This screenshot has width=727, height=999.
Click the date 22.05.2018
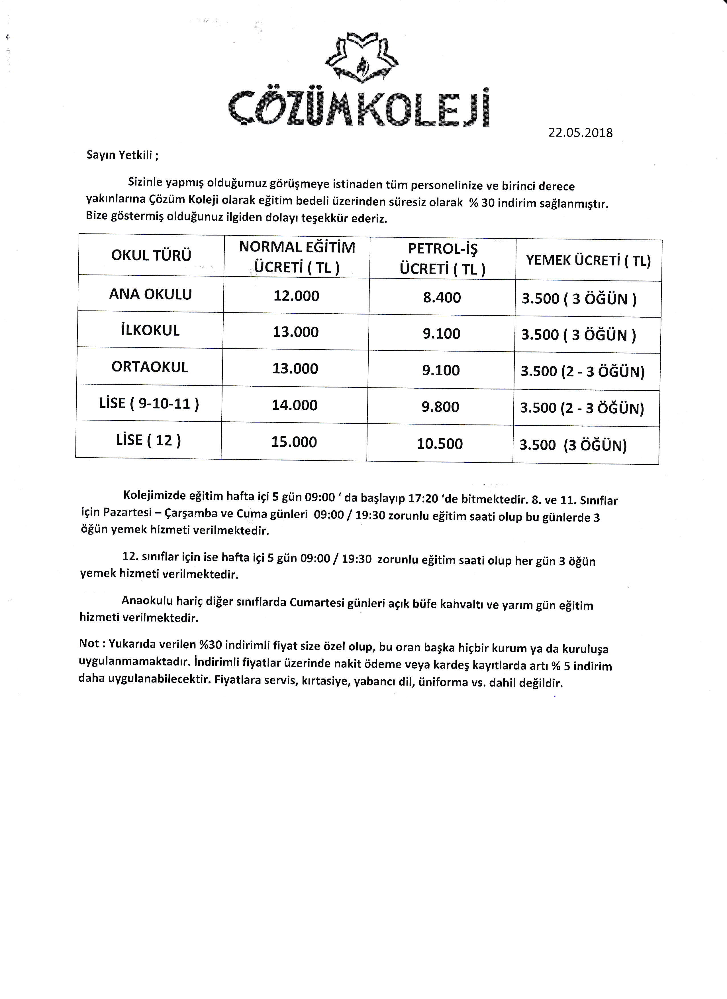click(580, 133)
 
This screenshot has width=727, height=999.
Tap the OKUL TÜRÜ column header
click(151, 255)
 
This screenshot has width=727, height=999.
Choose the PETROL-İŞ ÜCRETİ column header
click(442, 259)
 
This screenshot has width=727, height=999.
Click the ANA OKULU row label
click(150, 294)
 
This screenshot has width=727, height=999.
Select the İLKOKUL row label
click(150, 330)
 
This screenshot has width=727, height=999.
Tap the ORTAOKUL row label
click(150, 367)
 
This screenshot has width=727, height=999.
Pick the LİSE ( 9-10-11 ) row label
click(149, 403)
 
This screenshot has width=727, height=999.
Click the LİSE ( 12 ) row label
click(148, 440)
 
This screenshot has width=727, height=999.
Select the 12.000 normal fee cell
click(296, 296)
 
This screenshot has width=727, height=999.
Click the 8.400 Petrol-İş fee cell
click(442, 297)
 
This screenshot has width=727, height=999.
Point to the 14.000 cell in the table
click(294, 405)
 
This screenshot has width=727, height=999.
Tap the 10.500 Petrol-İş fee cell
click(440, 444)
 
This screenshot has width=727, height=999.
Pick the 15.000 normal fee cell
click(294, 442)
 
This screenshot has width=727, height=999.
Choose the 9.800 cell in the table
click(440, 407)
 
